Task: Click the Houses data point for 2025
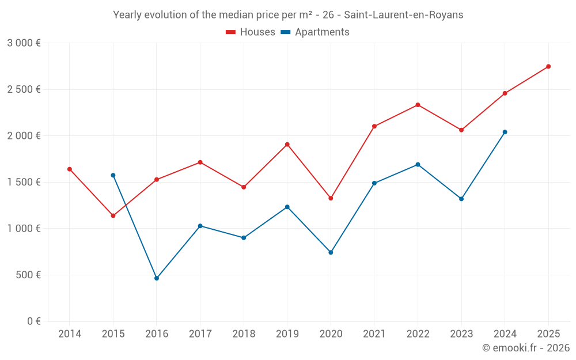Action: [x=548, y=66]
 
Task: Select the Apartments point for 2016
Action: [x=157, y=278]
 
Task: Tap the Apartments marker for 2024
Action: [x=505, y=132]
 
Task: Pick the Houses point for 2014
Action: [x=70, y=169]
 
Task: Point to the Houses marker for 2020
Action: [x=331, y=198]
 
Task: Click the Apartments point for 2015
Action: [x=113, y=175]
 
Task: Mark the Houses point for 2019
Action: [x=287, y=145]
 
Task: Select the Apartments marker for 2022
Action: [x=418, y=165]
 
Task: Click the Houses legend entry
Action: [x=251, y=32]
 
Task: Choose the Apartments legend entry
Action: [x=314, y=32]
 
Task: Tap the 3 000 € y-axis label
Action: [x=24, y=43]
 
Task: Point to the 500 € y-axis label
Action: [x=27, y=275]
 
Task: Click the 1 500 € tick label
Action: [x=24, y=182]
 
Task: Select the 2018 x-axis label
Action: [x=244, y=334]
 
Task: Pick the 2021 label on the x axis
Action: [x=374, y=334]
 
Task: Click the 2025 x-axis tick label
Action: [x=548, y=334]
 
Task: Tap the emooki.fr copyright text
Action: [x=525, y=348]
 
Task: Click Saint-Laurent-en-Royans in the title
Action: [x=403, y=15]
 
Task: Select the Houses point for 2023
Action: [x=461, y=130]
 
